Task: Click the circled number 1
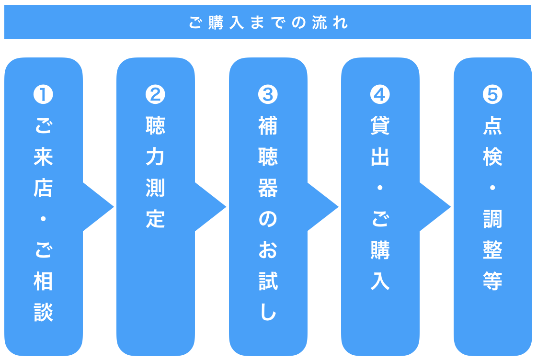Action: point(43,94)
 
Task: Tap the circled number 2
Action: point(155,94)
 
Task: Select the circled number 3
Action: point(268,94)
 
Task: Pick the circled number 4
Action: point(380,94)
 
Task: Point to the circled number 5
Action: point(492,94)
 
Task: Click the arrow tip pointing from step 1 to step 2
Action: point(114,207)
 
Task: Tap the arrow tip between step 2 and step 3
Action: point(226,207)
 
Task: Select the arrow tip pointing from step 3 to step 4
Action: point(338,207)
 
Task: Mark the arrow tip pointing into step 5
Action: point(451,207)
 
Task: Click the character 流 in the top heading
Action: point(320,22)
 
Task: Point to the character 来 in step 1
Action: point(43,157)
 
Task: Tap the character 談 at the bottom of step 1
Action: point(43,312)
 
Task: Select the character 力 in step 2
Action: point(155,157)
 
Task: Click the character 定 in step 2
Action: point(155,219)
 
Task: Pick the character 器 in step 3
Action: point(268,188)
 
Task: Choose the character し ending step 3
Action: point(268,312)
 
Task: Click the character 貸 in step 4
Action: point(380,125)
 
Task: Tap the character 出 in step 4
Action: point(380,157)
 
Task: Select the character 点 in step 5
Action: point(492,125)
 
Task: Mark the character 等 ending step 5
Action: point(492,281)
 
